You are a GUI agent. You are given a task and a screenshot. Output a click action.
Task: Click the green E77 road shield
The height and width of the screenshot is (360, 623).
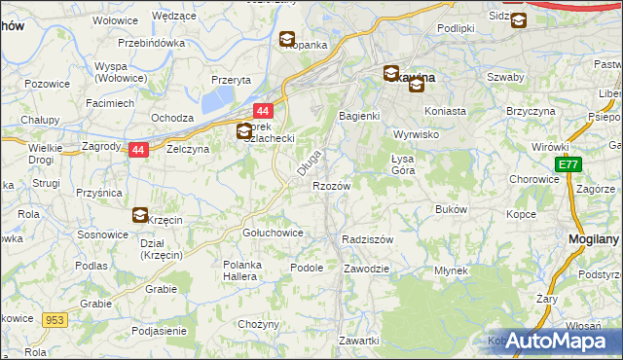tap(569, 165)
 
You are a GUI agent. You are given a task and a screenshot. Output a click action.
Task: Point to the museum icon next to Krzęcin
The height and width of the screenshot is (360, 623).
tap(140, 215)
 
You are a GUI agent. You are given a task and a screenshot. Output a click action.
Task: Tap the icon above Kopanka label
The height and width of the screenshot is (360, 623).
tap(287, 40)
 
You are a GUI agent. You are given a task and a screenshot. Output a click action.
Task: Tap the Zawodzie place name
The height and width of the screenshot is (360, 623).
tap(367, 268)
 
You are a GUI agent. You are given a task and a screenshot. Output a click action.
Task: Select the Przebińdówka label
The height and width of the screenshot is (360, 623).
tap(151, 43)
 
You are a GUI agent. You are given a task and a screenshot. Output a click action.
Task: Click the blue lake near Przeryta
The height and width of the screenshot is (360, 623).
tap(216, 98)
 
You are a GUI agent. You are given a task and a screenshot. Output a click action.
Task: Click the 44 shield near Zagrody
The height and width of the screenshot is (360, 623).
tap(138, 150)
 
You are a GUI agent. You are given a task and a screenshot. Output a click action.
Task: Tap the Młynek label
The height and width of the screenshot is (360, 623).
tap(452, 270)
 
